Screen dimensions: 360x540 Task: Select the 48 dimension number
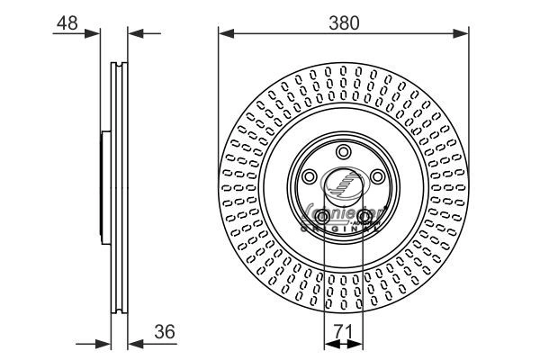[65, 23]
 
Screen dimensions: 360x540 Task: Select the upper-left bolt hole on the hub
[309, 177]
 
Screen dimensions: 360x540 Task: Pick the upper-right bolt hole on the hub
[379, 177]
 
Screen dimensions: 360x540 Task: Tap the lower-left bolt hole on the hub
[323, 217]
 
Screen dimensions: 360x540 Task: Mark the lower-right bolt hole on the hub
[364, 217]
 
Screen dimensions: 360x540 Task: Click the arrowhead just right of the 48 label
[94, 34]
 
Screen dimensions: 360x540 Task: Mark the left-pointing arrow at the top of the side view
[135, 34]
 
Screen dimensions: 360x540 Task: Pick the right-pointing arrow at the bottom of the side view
[103, 343]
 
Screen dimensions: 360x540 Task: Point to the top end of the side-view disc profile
[118, 65]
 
